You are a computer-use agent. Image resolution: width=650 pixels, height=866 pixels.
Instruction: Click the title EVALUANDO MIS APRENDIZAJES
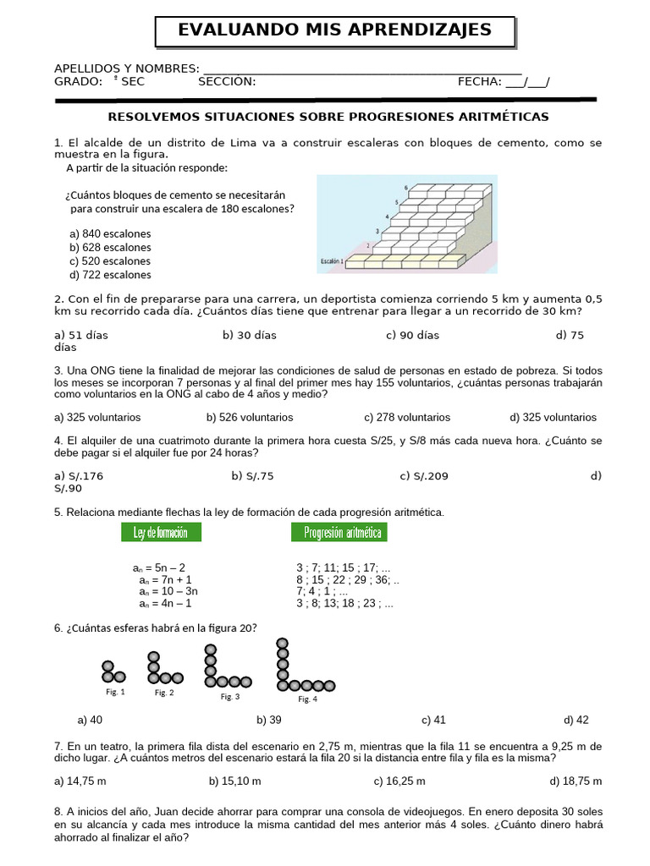click(x=334, y=30)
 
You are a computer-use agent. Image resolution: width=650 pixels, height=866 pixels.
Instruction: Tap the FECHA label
click(x=480, y=82)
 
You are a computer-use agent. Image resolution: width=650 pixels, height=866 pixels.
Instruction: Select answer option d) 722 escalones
click(x=110, y=275)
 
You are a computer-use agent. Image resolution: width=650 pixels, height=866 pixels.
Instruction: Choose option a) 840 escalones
click(x=110, y=234)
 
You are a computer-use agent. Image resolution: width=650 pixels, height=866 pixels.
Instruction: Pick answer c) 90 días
click(x=412, y=336)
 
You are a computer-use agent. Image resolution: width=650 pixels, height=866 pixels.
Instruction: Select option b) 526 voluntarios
click(x=250, y=418)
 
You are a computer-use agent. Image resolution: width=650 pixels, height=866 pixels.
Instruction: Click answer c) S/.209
click(x=424, y=476)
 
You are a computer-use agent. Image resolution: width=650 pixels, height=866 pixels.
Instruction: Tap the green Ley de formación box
click(x=161, y=532)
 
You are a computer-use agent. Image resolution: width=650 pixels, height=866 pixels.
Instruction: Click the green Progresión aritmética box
click(x=339, y=532)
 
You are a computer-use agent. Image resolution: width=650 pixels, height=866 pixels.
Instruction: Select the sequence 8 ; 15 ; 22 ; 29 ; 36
click(x=347, y=580)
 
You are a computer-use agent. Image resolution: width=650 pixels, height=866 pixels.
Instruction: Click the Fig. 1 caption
click(x=115, y=692)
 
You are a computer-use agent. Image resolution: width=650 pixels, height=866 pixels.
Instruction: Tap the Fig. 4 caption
click(x=307, y=699)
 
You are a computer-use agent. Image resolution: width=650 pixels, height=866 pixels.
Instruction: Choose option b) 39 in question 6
click(x=269, y=721)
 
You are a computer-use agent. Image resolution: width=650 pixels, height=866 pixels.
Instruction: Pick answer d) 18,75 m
click(x=576, y=781)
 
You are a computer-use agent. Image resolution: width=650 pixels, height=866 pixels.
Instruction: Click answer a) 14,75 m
click(x=80, y=781)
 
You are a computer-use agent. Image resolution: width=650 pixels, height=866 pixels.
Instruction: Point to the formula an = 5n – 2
click(x=159, y=567)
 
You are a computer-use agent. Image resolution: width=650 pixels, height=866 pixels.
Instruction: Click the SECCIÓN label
click(x=227, y=82)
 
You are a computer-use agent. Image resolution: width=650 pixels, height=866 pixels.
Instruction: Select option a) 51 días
click(x=81, y=336)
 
